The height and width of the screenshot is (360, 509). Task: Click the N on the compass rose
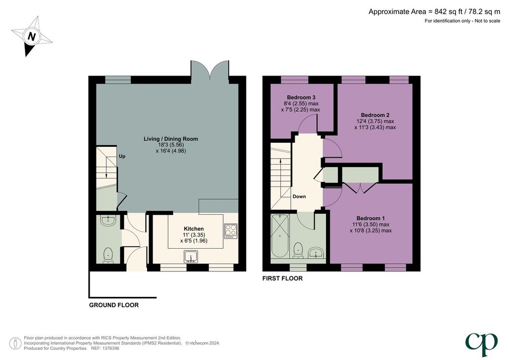(x=31, y=36)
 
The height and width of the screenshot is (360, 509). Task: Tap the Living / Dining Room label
(x=171, y=139)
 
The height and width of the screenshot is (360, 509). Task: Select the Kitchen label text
(x=194, y=229)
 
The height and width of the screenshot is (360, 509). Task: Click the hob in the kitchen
(x=231, y=231)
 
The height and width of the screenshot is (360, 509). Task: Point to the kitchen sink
(x=190, y=257)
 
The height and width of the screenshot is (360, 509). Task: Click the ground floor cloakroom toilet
(x=108, y=255)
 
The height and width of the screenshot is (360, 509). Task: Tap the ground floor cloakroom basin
(x=108, y=221)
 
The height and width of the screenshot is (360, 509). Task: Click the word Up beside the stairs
(x=122, y=156)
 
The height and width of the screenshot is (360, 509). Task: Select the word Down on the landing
(x=299, y=196)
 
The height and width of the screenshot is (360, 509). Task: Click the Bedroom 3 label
(x=301, y=97)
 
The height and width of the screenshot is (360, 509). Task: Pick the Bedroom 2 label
(x=375, y=115)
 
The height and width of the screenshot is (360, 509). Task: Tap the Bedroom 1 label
(x=370, y=218)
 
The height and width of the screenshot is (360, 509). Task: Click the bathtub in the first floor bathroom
(x=280, y=236)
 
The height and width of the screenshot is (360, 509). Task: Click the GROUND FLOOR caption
(x=114, y=305)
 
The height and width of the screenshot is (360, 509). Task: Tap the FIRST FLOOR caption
(x=282, y=278)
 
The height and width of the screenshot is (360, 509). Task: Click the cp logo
(x=481, y=345)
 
